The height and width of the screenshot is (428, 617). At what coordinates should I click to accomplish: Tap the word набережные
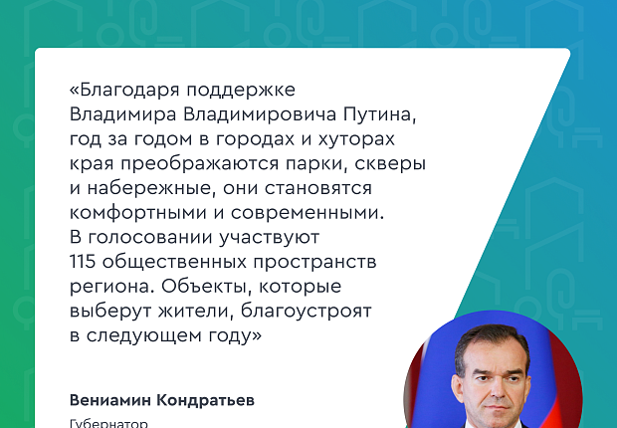142,188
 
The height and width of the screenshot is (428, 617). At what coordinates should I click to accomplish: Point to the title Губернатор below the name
108,423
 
